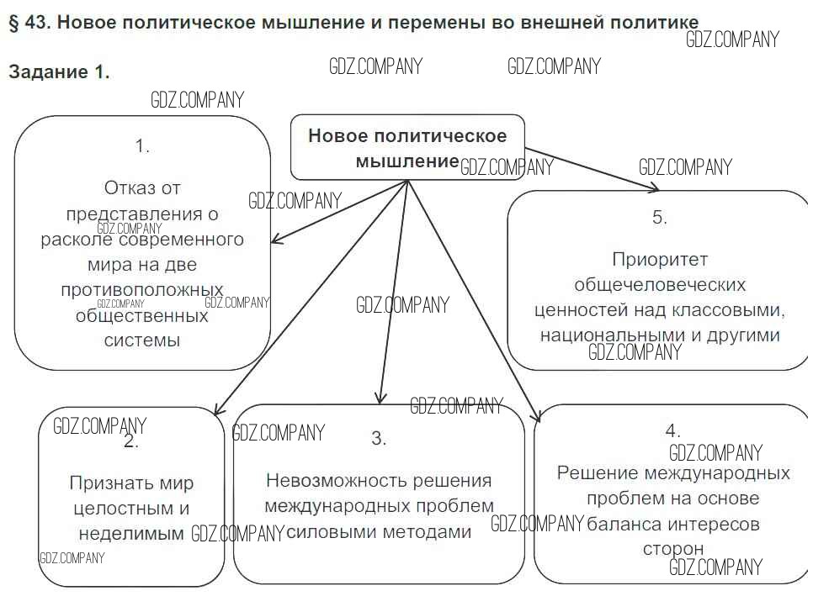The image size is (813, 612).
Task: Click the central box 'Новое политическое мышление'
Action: tap(407, 147)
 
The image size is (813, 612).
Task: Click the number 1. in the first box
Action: tap(142, 145)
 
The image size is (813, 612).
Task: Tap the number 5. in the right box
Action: tap(659, 217)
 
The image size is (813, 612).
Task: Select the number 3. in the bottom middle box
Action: tap(379, 438)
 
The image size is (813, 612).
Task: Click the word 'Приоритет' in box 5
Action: tap(660, 259)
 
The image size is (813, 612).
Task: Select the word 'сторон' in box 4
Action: tap(673, 549)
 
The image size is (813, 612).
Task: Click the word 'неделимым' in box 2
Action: tap(131, 533)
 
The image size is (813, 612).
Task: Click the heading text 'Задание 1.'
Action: tap(59, 72)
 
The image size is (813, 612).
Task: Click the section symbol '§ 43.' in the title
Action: tap(29, 23)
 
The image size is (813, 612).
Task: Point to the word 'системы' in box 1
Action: tap(142, 340)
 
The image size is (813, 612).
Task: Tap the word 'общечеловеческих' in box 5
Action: tap(660, 284)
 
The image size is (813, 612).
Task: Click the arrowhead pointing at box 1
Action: tap(275, 241)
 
